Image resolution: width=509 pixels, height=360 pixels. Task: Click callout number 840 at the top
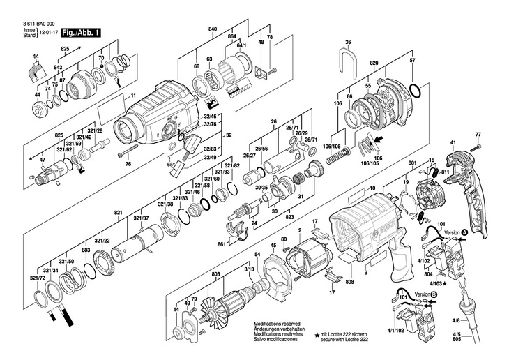pyautogui.click(x=213, y=29)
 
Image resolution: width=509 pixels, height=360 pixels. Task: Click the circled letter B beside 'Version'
pyautogui.click(x=434, y=294)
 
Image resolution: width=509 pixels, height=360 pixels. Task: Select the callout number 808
pyautogui.click(x=349, y=283)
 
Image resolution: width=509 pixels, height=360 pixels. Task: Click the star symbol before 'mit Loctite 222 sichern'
pyautogui.click(x=317, y=336)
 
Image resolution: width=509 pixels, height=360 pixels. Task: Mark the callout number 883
pyautogui.click(x=86, y=250)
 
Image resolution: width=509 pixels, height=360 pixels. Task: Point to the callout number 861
pyautogui.click(x=221, y=244)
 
